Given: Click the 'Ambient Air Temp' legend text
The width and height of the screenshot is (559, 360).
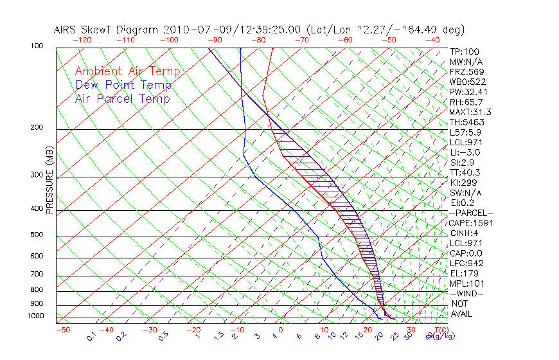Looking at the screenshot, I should coord(127,72).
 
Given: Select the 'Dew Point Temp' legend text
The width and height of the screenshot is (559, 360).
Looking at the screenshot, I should coord(123,85).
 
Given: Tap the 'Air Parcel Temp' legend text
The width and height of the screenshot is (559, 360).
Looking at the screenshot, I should coord(122,99).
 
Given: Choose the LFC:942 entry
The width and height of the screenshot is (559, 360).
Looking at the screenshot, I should coord(466,264).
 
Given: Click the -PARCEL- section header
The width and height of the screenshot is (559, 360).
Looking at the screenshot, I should coord(471,213).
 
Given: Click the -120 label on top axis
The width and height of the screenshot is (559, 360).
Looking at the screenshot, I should coord(82,40).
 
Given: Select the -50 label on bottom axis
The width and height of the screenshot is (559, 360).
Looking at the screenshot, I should coord(63,330).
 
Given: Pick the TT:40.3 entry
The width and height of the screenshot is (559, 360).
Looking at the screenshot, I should coord(464,172).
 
